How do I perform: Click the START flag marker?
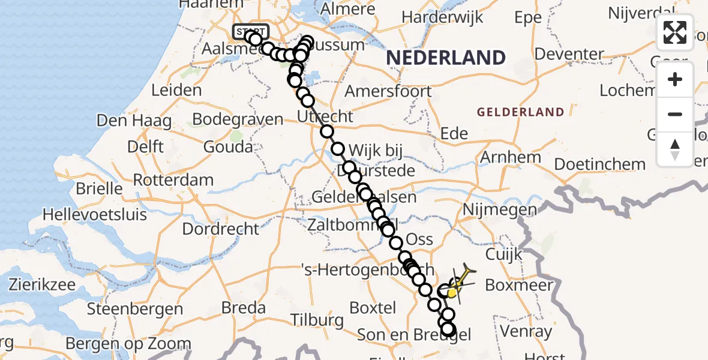[251, 31]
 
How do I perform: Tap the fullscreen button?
[675, 32]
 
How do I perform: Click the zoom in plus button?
[675, 79]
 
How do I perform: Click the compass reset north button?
[675, 149]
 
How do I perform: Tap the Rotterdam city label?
[173, 179]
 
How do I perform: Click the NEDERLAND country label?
[445, 58]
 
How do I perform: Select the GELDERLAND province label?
[520, 112]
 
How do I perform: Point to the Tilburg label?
[318, 320]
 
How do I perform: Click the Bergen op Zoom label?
[128, 344]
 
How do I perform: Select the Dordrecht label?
[220, 229]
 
